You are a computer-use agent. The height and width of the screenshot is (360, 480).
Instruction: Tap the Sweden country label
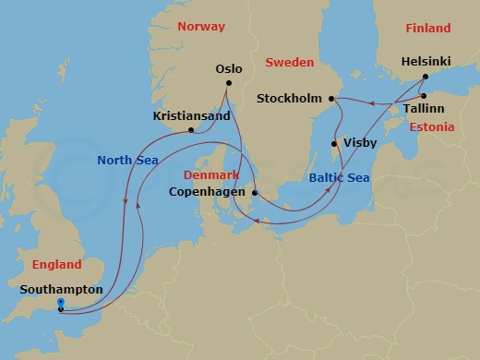click(290, 62)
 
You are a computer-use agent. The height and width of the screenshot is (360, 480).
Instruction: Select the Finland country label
click(427, 29)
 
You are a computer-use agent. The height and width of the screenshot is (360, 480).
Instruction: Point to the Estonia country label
click(432, 127)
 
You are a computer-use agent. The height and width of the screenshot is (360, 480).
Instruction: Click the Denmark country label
click(211, 174)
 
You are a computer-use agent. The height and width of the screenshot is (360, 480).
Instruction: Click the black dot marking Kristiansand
click(190, 130)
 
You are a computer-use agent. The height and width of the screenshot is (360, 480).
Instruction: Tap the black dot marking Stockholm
click(331, 98)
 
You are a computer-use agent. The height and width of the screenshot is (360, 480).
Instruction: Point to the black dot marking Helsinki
click(425, 78)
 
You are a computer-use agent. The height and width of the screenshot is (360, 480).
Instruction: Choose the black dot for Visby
click(334, 144)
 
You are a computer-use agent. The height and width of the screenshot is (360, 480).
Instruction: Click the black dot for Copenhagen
click(255, 194)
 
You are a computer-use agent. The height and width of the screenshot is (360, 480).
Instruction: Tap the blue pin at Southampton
click(60, 303)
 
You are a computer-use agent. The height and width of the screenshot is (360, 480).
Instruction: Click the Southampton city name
click(60, 289)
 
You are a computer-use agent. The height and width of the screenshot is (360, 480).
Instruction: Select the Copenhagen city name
click(210, 192)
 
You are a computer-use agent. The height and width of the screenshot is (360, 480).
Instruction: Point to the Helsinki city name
click(426, 62)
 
